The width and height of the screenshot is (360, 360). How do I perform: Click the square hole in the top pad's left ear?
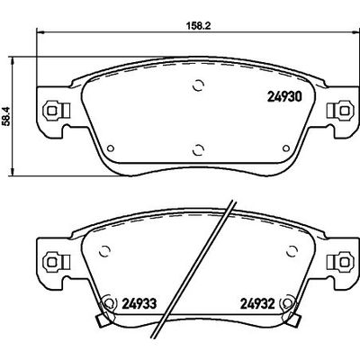(x=51, y=111)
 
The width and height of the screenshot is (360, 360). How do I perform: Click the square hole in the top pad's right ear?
(x=342, y=111)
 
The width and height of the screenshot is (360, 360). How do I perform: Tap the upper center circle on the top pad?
(x=198, y=87)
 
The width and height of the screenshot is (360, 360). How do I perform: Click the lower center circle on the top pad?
(x=198, y=148)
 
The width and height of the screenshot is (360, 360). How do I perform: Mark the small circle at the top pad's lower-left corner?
(x=108, y=149)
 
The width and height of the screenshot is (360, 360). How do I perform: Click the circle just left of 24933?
(x=109, y=304)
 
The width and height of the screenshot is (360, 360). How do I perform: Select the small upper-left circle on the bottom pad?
(x=103, y=249)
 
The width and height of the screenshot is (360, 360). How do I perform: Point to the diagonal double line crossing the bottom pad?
(x=213, y=270)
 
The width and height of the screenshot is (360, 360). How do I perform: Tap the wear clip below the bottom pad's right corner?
(x=292, y=319)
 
